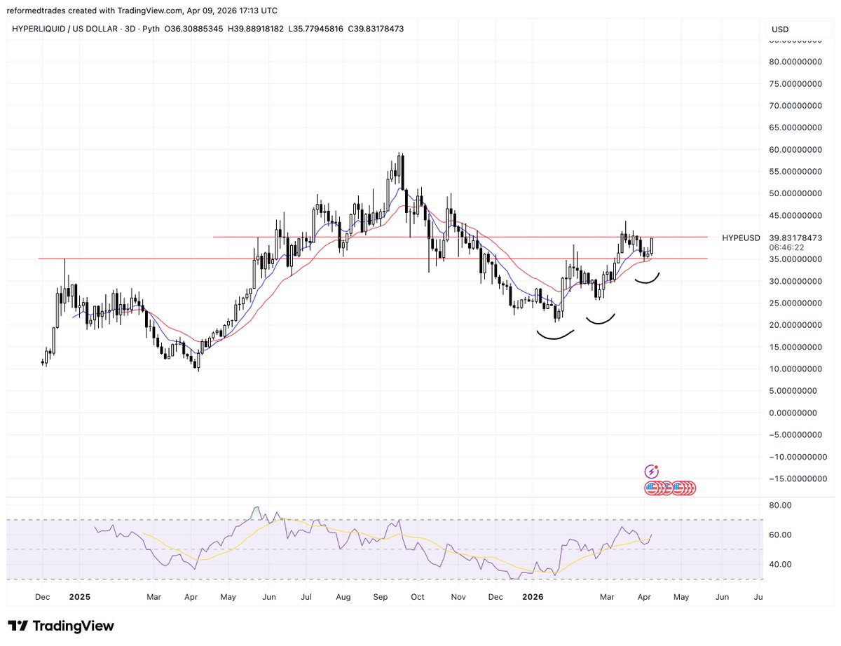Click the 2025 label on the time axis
(79, 597)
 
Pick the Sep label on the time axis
(380, 597)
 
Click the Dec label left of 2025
(41, 597)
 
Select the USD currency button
(780, 30)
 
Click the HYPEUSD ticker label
(741, 238)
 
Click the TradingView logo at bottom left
(61, 626)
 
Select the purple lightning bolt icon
(652, 472)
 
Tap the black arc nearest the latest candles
(648, 279)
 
